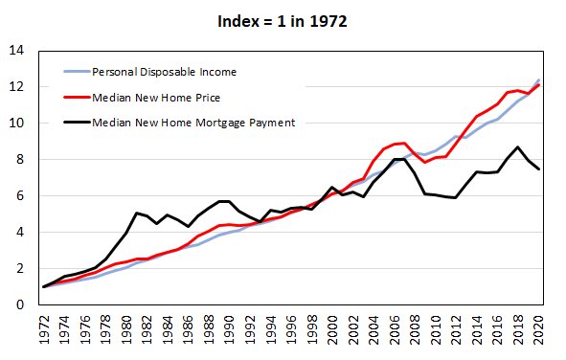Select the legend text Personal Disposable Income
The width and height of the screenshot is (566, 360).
(164, 71)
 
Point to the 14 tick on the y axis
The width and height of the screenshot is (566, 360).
(20, 51)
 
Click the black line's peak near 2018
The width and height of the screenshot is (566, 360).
(518, 147)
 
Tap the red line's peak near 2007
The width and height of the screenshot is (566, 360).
(405, 143)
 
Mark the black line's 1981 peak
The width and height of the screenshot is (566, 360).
(137, 213)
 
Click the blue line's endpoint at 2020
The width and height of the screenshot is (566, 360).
(539, 79)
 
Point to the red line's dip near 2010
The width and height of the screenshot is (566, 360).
(425, 163)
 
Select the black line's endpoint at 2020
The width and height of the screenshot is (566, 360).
(539, 169)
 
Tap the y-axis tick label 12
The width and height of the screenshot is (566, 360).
(20, 87)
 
